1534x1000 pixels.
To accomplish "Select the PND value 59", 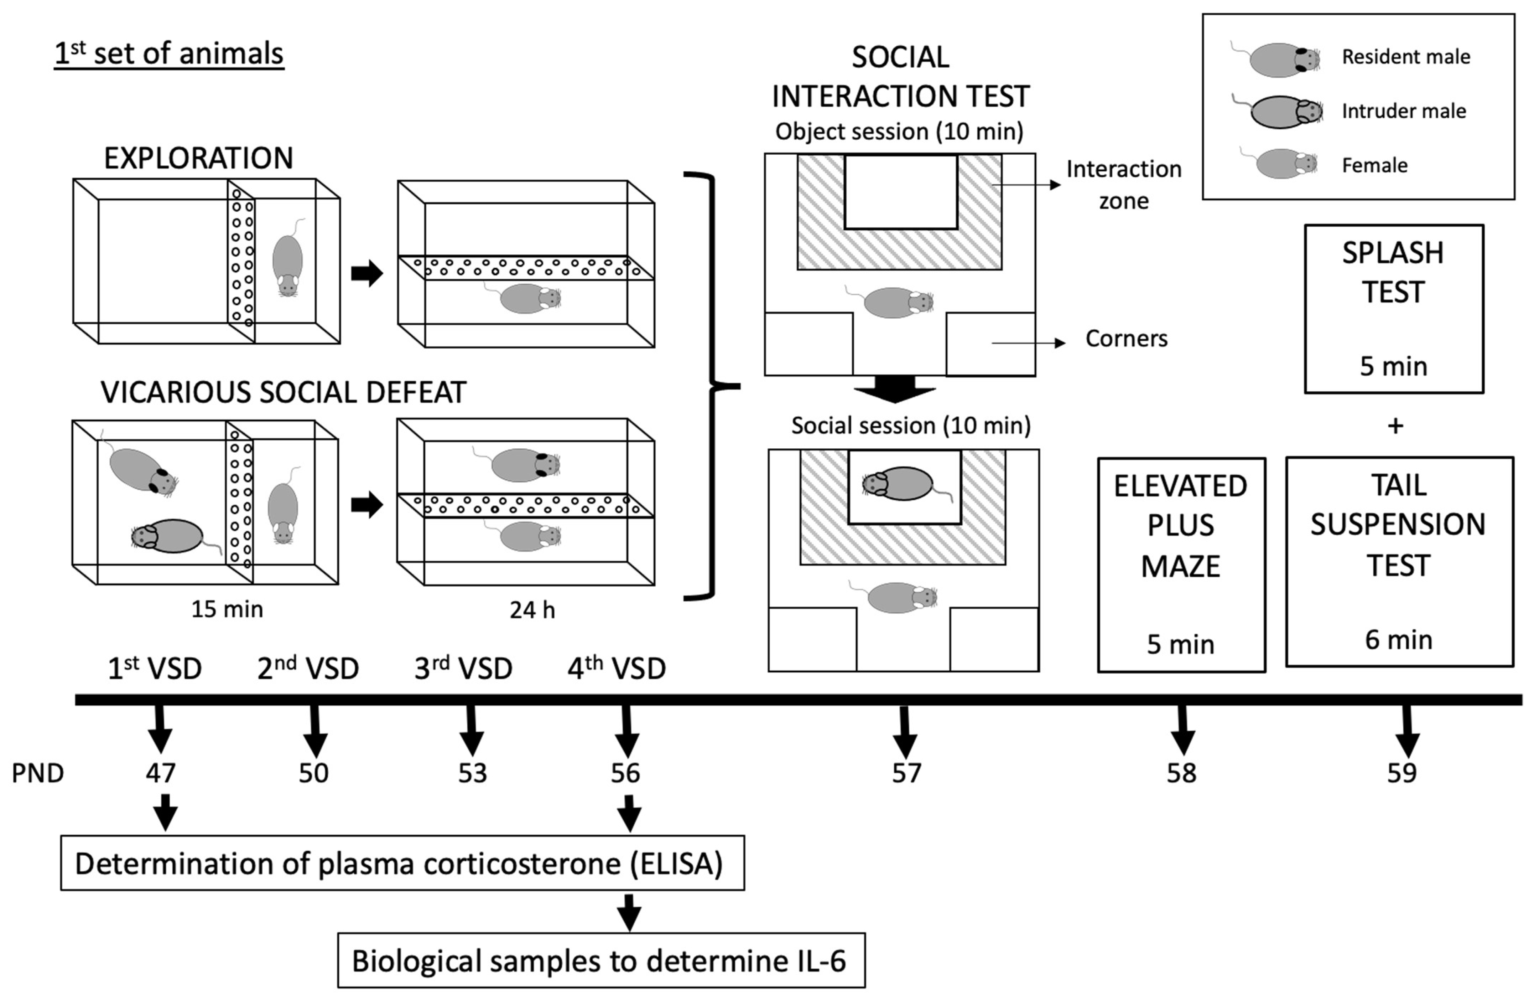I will coord(1402,772).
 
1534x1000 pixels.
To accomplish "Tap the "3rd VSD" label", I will coord(463,669).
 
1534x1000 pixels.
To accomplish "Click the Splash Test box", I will coord(1393,308).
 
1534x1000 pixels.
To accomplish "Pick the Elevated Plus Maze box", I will coord(1181,564).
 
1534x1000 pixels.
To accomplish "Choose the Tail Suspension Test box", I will coord(1399,561).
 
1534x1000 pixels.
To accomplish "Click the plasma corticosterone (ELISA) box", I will coord(402,863).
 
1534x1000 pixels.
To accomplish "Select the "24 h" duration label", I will coord(532,610).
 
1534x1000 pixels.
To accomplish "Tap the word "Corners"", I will coord(1126,339).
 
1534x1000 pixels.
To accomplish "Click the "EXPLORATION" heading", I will coord(198,158).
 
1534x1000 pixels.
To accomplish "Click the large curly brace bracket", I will coord(712,386).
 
